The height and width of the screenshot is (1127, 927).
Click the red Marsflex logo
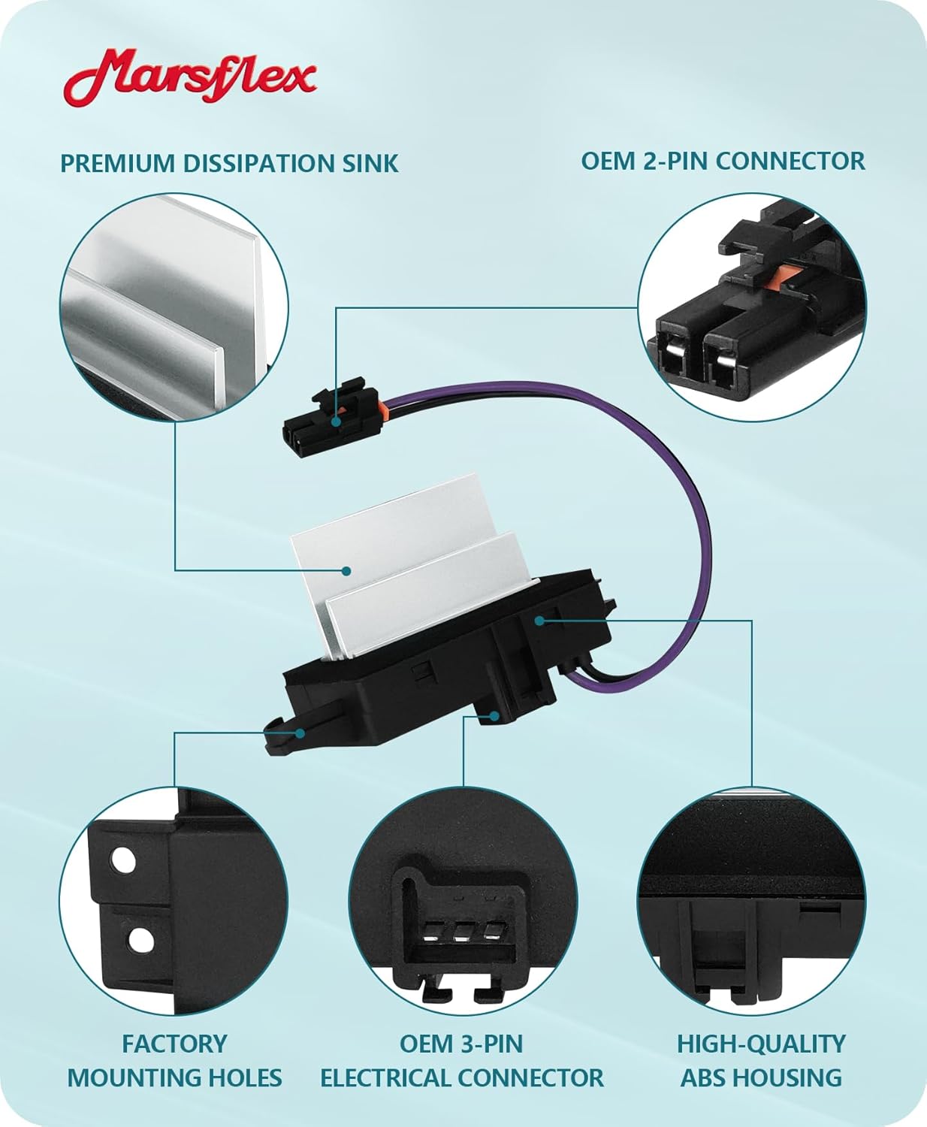189,77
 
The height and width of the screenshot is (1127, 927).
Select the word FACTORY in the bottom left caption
174,1044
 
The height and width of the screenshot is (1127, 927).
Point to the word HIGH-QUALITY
761,1044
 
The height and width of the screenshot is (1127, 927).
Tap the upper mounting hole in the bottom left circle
122,860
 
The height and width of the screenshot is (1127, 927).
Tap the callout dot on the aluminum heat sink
346,571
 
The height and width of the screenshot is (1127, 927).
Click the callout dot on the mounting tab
300,733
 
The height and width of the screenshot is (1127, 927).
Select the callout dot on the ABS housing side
539,620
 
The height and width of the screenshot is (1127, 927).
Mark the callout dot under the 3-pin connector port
494,716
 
